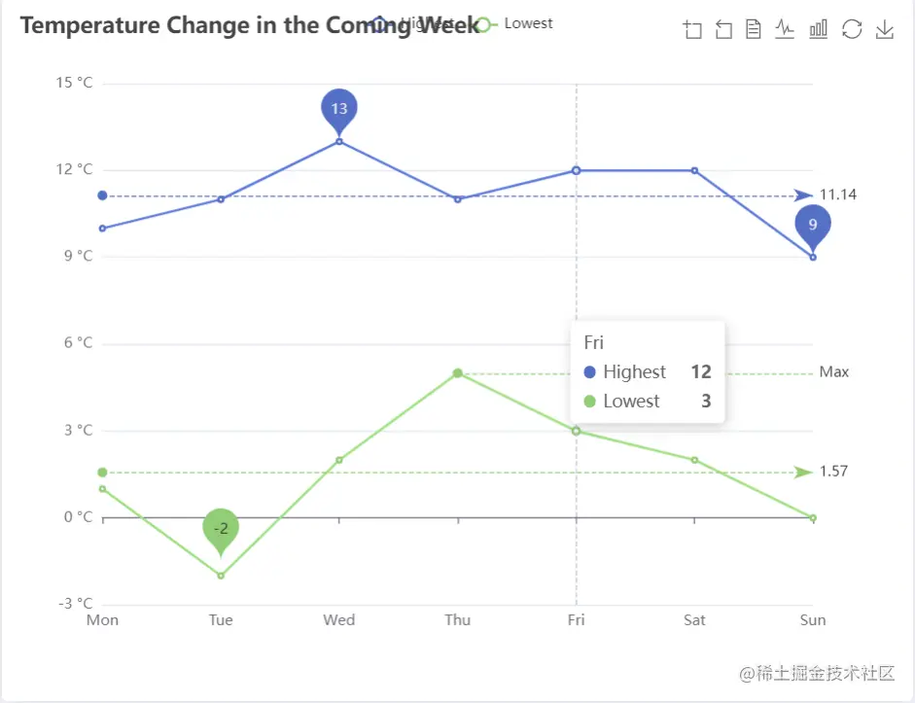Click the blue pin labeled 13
338,109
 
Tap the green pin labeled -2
221,527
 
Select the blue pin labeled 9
813,224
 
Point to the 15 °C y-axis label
74,83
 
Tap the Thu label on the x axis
458,620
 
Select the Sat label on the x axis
694,620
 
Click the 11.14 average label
838,195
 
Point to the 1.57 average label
833,472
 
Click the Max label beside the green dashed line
834,372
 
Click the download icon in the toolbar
884,30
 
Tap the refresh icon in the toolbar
852,30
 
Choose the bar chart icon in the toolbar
819,30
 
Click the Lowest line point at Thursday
457,373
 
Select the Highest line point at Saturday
694,170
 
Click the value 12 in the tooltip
701,372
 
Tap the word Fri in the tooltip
593,342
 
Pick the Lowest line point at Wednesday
339,460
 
